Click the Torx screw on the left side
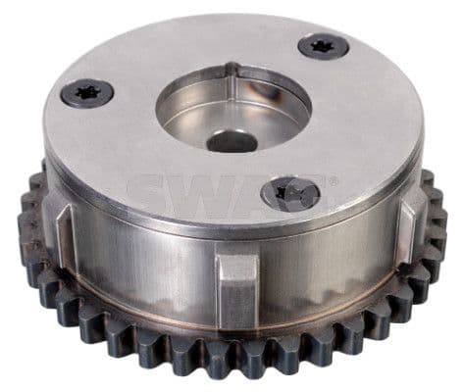pyautogui.click(x=86, y=93)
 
